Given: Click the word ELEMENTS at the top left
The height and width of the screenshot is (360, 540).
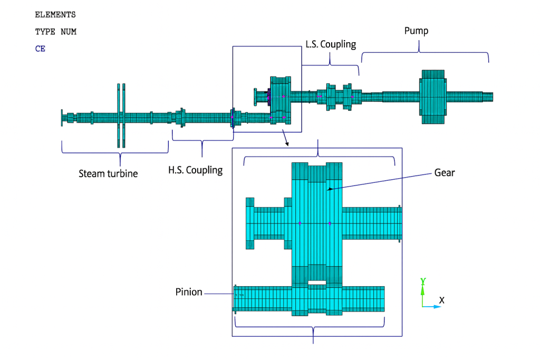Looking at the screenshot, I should pos(55,15).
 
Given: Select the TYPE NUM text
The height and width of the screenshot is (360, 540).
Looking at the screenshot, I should pos(56,32).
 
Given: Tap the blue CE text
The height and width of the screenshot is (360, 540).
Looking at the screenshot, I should pos(40,48).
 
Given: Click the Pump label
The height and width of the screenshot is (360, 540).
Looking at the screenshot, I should pos(416,31).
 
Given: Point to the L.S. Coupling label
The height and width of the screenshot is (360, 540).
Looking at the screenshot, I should pos(331,44).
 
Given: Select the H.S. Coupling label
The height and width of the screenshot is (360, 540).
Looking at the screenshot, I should pos(195,170).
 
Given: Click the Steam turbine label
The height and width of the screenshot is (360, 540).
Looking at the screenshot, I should pos(108,173).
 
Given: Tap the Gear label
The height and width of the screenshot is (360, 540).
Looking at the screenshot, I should pos(444,172).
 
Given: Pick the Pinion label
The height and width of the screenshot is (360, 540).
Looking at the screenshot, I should pos(189,292).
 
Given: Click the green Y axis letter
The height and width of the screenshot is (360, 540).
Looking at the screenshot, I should pos(423,281).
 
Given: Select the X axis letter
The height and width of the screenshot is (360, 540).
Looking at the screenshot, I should pos(442,300).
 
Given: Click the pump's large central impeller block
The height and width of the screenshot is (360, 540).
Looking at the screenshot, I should pos(433,97).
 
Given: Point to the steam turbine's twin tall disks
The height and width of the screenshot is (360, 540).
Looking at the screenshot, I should pos(121,115).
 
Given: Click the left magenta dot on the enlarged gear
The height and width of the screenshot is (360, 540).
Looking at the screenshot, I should pos(300,223).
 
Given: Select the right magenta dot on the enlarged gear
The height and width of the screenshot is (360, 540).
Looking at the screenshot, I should pos(330,223).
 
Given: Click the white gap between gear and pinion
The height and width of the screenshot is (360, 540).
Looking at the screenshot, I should pos(317,284).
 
